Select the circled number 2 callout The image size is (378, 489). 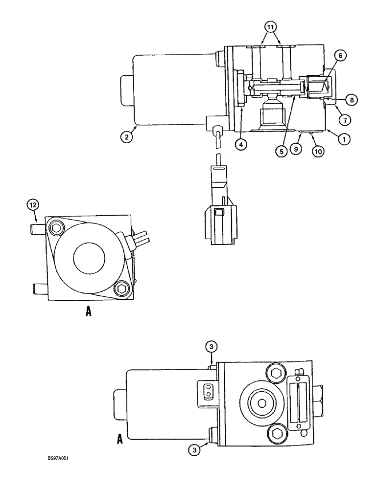click(126, 137)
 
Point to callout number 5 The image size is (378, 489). click(282, 151)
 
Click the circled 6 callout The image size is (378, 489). click(342, 56)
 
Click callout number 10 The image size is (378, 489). click(318, 151)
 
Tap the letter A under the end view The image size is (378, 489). click(88, 311)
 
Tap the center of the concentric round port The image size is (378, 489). click(262, 402)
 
